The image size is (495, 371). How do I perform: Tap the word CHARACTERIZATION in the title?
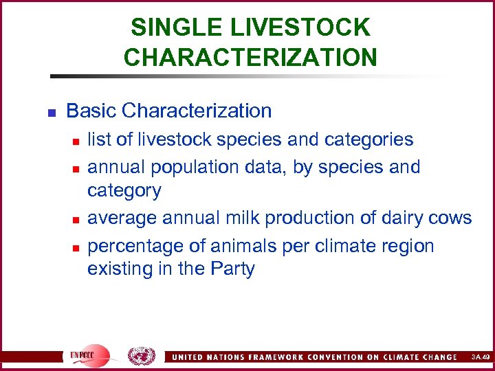(x=250, y=57)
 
